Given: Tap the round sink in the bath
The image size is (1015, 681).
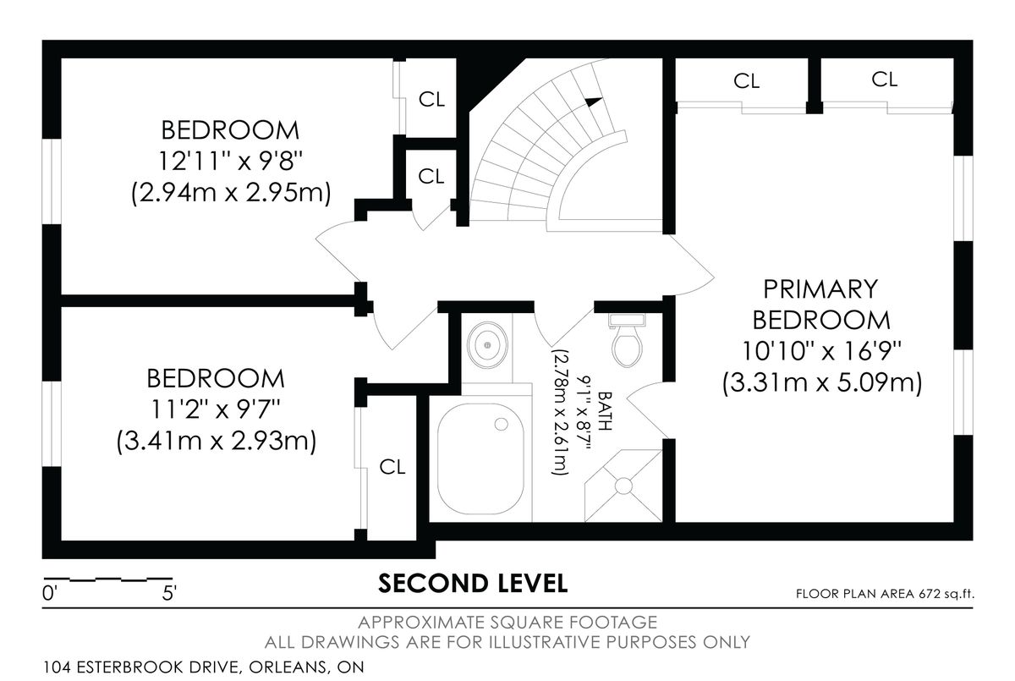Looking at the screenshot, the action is click(487, 346).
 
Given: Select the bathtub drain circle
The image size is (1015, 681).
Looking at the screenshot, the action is click(501, 424).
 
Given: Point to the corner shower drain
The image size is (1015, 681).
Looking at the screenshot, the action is click(623, 486).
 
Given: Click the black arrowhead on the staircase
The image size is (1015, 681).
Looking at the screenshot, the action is click(594, 102).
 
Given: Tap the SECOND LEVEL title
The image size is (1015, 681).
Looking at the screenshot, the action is click(473, 584).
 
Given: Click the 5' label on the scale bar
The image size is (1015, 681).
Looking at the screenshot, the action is click(169, 593).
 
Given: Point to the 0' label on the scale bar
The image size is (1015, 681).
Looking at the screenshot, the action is click(48, 593).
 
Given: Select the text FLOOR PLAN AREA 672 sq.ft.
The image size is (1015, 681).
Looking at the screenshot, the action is click(885, 594).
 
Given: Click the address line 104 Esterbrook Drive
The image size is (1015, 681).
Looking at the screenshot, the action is click(204, 667).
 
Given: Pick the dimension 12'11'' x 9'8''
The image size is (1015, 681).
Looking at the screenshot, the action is click(230, 162).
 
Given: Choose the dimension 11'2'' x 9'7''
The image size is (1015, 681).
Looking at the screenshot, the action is click(215, 409).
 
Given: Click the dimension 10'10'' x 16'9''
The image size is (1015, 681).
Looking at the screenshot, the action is click(821, 351).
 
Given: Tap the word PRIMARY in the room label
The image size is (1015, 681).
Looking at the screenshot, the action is click(820, 289).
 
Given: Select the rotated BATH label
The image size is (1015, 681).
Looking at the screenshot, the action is click(606, 410).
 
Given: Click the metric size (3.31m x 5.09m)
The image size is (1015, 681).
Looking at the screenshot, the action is click(822, 383).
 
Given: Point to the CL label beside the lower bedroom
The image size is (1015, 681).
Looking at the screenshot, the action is click(392, 467).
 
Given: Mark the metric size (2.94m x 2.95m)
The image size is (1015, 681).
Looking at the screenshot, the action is click(231, 193).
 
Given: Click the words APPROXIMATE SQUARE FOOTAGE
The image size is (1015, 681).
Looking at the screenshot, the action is click(507, 623).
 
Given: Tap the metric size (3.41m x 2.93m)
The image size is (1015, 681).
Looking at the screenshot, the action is click(217, 441).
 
